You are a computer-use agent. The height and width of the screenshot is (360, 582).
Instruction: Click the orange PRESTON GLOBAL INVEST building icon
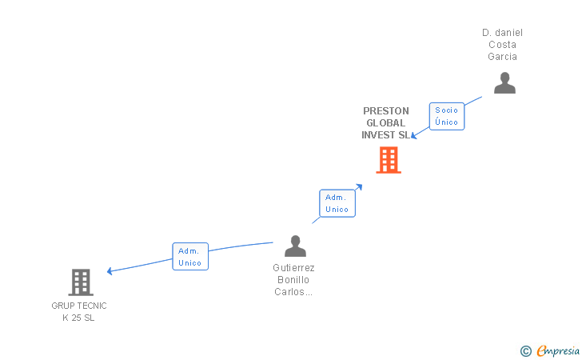pyautogui.click(x=389, y=160)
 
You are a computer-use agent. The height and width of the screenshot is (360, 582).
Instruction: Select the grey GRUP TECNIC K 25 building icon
pyautogui.click(x=80, y=282)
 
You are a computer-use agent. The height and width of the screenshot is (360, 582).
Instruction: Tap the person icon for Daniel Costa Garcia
pyautogui.click(x=504, y=83)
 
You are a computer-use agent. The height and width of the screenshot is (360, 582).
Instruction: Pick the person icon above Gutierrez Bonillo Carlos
pyautogui.click(x=295, y=246)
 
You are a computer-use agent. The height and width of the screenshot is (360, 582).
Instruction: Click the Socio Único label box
pyautogui.click(x=447, y=116)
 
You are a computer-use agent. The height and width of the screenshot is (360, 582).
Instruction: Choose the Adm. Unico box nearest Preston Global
pyautogui.click(x=337, y=203)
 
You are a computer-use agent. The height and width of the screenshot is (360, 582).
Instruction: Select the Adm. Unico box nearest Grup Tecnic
pyautogui.click(x=190, y=257)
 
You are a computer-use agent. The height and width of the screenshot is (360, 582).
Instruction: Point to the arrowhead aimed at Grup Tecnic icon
pyautogui.click(x=110, y=271)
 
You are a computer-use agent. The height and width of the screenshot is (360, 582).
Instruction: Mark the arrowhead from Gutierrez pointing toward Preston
pyautogui.click(x=359, y=187)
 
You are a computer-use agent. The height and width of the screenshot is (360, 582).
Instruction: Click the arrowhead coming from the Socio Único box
pyautogui.click(x=414, y=136)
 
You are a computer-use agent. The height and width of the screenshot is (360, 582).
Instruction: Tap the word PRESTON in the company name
pyautogui.click(x=385, y=111)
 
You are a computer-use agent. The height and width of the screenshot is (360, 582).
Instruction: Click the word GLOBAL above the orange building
pyautogui.click(x=385, y=123)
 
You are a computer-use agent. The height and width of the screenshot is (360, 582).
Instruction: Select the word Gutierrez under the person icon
pyautogui.click(x=293, y=268)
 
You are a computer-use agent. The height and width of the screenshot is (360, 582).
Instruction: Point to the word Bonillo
pyautogui.click(x=293, y=280)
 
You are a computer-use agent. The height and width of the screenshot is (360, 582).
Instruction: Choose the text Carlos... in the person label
pyautogui.click(x=293, y=292)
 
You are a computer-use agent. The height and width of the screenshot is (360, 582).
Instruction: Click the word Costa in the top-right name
pyautogui.click(x=502, y=45)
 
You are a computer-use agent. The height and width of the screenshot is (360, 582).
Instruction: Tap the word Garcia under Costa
pyautogui.click(x=502, y=57)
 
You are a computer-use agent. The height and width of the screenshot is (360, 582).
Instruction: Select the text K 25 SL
pyautogui.click(x=78, y=318)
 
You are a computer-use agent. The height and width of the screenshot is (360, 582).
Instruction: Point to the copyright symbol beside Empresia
pyautogui.click(x=525, y=350)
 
